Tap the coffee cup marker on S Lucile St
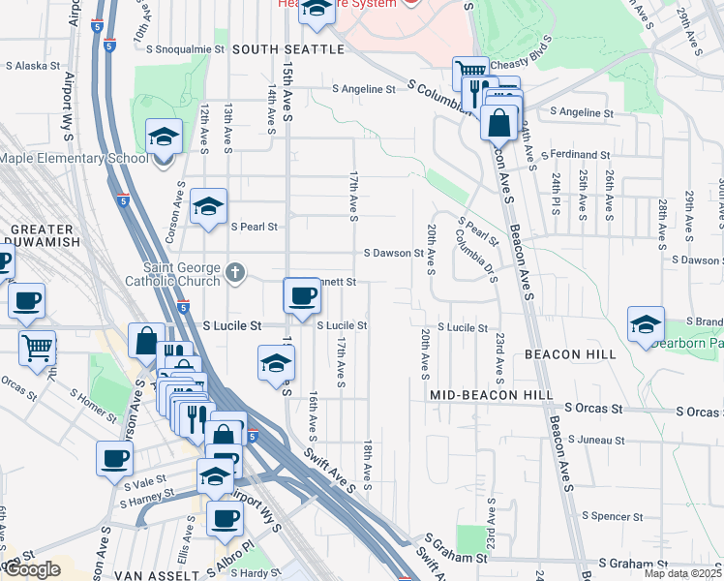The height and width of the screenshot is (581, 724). [301, 294]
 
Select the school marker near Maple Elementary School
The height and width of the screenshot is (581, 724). [164, 138]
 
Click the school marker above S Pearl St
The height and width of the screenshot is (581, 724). [208, 206]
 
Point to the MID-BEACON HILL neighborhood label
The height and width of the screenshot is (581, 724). [492, 396]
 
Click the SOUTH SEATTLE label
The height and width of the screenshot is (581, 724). [288, 48]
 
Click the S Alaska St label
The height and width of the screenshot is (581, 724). [33, 67]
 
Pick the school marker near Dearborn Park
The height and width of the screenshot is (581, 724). [646, 324]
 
